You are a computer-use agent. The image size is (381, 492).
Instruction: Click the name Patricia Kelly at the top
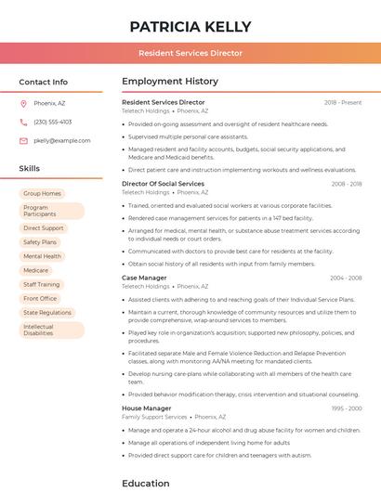pyautogui.click(x=190, y=26)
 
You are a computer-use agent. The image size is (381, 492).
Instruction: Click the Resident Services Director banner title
pyautogui.click(x=190, y=54)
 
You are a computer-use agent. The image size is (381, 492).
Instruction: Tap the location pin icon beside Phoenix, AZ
pyautogui.click(x=23, y=103)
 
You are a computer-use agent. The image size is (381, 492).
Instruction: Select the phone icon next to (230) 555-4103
pyautogui.click(x=23, y=122)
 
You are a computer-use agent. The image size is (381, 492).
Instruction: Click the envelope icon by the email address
pyautogui.click(x=23, y=140)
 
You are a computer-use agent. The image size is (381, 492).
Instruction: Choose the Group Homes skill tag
pyautogui.click(x=43, y=193)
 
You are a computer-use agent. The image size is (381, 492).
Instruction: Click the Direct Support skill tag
pyautogui.click(x=44, y=227)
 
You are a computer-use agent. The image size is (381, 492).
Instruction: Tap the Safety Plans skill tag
pyautogui.click(x=40, y=242)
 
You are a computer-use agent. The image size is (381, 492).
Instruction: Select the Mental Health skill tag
pyautogui.click(x=43, y=256)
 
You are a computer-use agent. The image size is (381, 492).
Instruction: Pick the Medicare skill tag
pyautogui.click(x=36, y=270)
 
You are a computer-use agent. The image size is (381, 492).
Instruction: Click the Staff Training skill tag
pyautogui.click(x=42, y=285)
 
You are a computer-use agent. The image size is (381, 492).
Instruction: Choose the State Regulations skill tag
pyautogui.click(x=47, y=313)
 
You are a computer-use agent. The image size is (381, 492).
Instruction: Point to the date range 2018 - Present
pyautogui.click(x=343, y=102)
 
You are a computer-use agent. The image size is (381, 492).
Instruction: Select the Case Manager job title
pyautogui.click(x=144, y=278)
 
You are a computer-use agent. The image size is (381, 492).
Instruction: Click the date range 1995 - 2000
pyautogui.click(x=346, y=408)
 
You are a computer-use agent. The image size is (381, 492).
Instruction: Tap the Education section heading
pyautogui.click(x=146, y=483)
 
